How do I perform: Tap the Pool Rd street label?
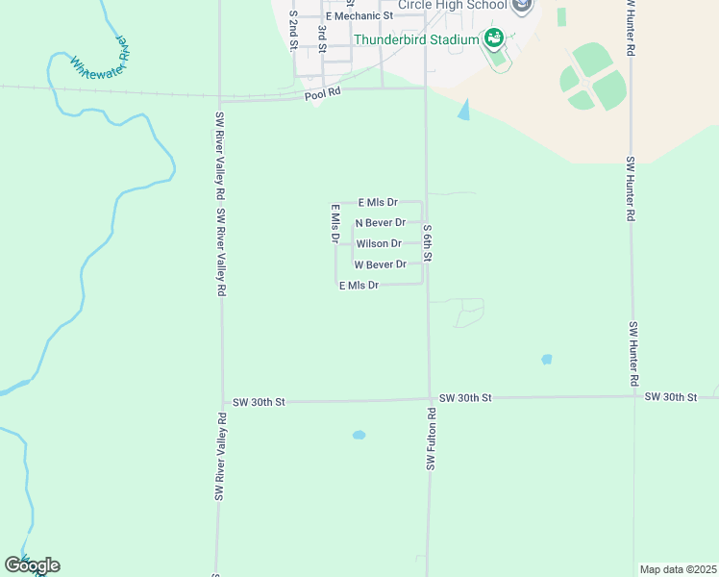tap(323, 94)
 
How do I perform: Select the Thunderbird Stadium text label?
tap(416, 39)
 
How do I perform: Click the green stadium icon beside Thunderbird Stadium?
tap(494, 39)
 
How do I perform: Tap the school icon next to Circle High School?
tap(522, 6)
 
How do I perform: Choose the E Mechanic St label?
tap(359, 16)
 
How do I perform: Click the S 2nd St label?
tap(293, 31)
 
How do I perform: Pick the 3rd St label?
tap(322, 39)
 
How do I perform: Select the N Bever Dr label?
tap(381, 223)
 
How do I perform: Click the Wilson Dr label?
tap(379, 243)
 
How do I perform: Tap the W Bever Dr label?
tap(381, 264)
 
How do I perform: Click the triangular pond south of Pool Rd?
tap(465, 111)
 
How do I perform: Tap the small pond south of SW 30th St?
tap(359, 435)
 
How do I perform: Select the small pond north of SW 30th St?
tap(546, 360)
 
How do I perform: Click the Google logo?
tap(32, 565)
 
